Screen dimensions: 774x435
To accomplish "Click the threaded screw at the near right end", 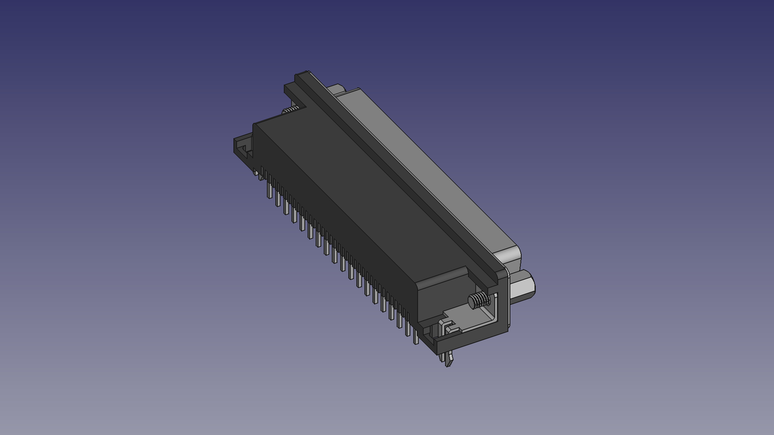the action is point(479,300).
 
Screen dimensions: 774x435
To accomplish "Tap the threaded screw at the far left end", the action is point(289,110).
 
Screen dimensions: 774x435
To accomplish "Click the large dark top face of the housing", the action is point(355,177).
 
